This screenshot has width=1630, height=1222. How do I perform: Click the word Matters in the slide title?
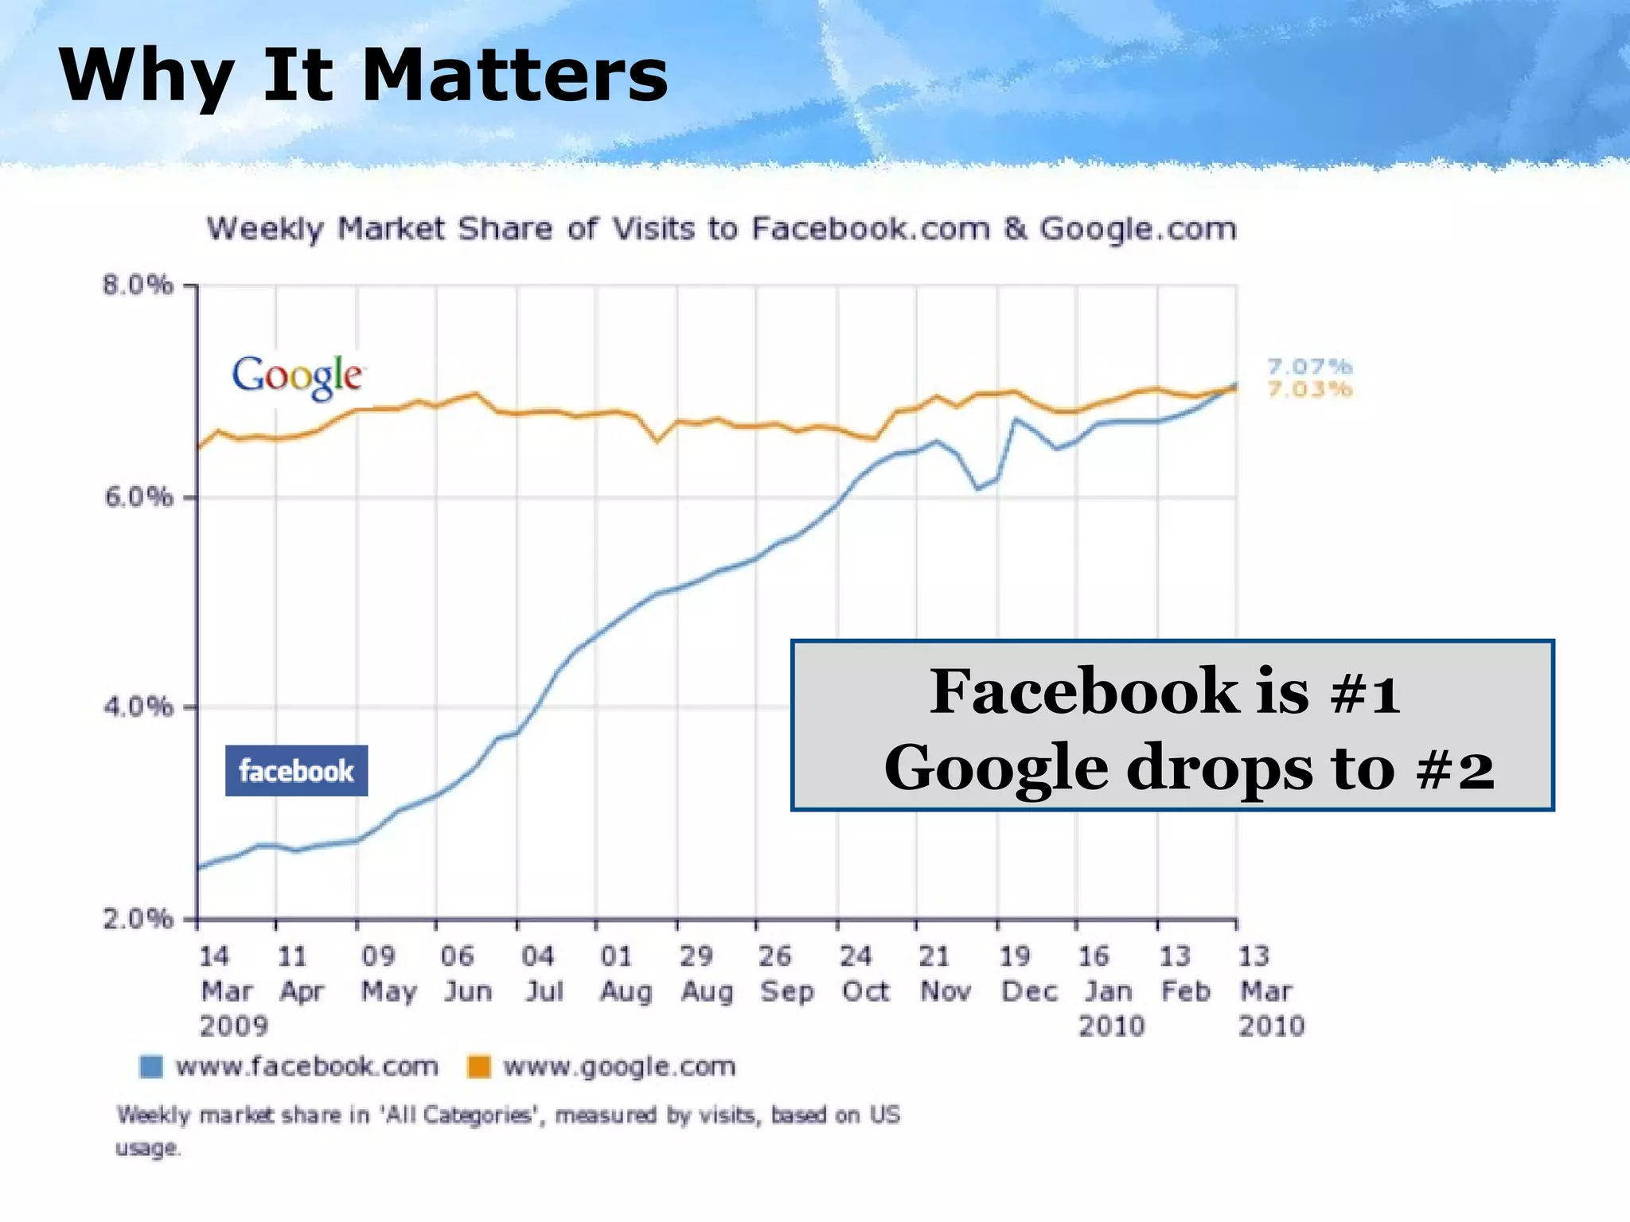[514, 76]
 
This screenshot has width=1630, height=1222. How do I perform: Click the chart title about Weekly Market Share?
[721, 229]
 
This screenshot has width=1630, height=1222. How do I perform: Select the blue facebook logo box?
[296, 770]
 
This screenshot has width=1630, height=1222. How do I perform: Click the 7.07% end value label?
[1309, 367]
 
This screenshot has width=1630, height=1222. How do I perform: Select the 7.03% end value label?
[1309, 389]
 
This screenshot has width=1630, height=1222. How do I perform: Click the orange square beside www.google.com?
[479, 1066]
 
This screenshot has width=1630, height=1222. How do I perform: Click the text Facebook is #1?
[1164, 691]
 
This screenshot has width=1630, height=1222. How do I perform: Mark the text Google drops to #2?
[1189, 767]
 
